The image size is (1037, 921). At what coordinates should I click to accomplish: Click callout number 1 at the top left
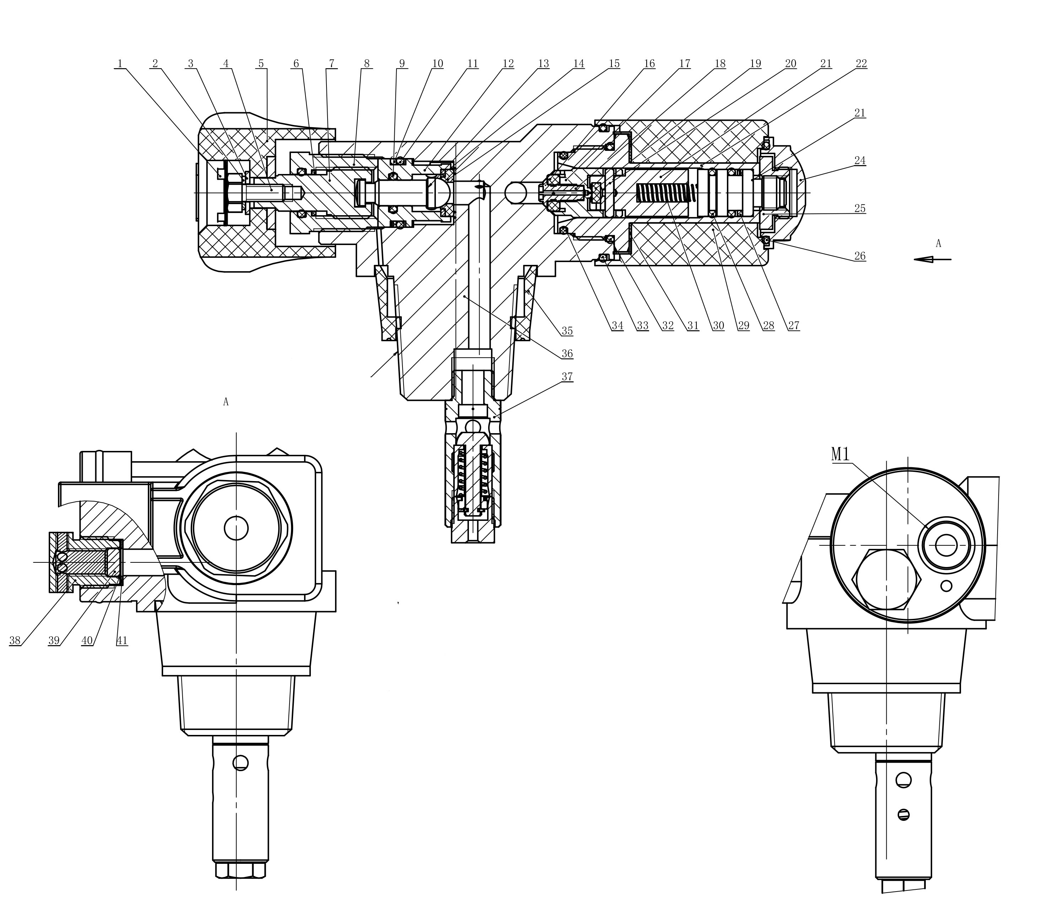coord(120,64)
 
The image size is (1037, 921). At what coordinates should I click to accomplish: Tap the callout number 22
coord(861,64)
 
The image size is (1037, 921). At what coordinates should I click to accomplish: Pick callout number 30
coord(718,326)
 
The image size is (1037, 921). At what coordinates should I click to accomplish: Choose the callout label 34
coord(617,326)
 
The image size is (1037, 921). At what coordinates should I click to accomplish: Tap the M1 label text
coord(840,454)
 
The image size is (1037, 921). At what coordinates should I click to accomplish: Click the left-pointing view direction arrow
coord(933,259)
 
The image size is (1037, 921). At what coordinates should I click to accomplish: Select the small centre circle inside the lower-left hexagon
coord(236,528)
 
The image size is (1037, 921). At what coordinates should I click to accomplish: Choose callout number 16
coord(649,64)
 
